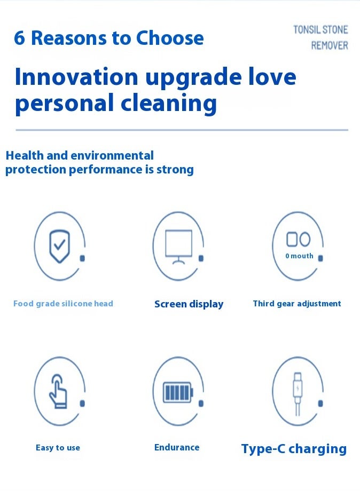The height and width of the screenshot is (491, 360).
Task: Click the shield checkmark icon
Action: point(59,247)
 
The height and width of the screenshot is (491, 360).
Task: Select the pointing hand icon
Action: point(58,391)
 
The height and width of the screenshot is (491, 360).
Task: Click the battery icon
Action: point(178,392)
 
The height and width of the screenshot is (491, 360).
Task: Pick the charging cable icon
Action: point(298,394)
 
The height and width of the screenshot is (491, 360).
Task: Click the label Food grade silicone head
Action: point(63,304)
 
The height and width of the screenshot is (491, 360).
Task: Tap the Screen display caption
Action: point(189,304)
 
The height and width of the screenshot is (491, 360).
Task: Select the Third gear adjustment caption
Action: point(297,304)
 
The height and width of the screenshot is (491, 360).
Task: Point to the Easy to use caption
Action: point(58,448)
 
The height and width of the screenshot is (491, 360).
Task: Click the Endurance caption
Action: point(177,447)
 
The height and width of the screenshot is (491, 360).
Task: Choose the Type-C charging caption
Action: point(294,449)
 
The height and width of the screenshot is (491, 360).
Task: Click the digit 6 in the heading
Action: point(19,38)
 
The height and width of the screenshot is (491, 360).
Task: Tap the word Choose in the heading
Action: point(170,38)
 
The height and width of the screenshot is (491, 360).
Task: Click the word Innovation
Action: point(76,77)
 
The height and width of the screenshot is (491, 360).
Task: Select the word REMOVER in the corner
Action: point(330,46)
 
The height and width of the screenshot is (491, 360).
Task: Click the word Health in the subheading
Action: point(25,155)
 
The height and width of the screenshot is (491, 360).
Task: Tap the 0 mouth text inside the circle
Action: point(299,256)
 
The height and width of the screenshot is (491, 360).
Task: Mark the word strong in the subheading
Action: point(175,170)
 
